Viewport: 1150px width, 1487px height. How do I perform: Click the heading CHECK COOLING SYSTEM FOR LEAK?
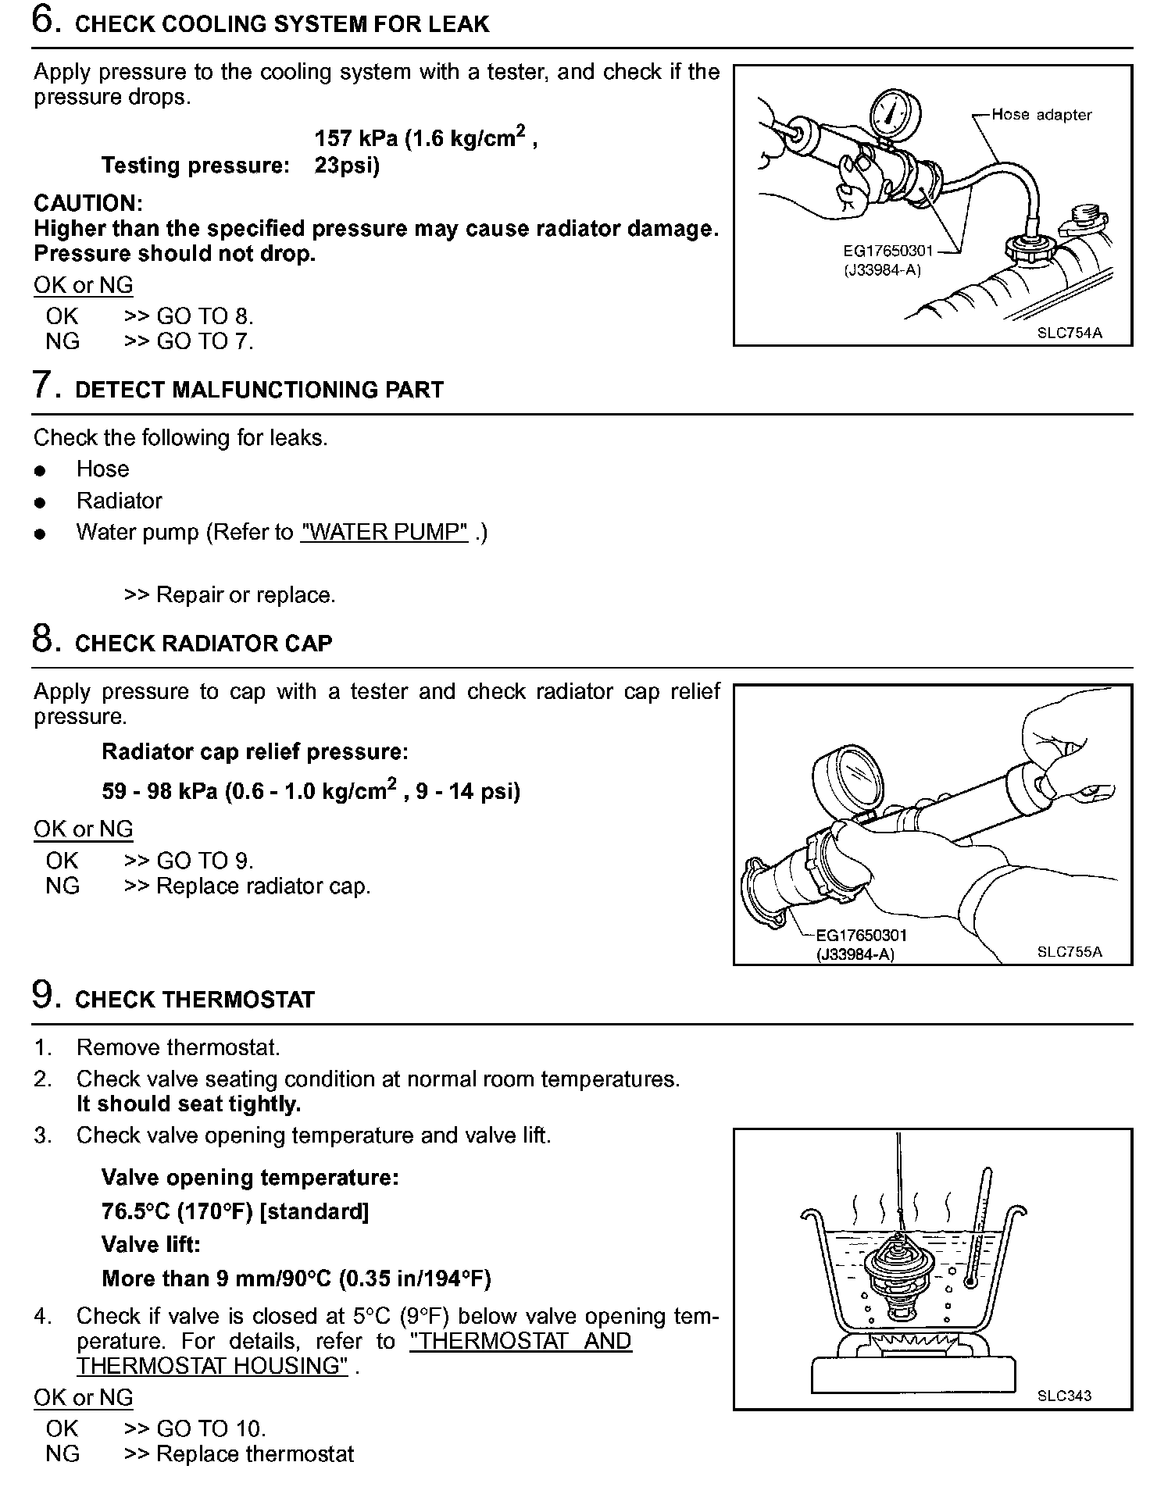[x=281, y=24]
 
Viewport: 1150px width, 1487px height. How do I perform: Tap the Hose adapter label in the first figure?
[x=1041, y=115]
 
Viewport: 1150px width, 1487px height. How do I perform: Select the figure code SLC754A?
[x=1070, y=333]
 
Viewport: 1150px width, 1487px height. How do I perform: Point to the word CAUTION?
[x=88, y=204]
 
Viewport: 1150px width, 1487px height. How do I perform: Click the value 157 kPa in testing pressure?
[x=356, y=139]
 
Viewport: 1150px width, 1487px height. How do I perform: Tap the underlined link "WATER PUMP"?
[x=384, y=533]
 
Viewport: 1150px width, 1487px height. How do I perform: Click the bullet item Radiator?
[x=119, y=501]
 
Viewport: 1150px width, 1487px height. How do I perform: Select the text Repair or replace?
[x=245, y=595]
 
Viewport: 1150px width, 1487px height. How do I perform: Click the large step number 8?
[x=43, y=638]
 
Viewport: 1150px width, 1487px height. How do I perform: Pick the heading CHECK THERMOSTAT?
[x=195, y=1000]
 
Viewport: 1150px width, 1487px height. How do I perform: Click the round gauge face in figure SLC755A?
[x=850, y=782]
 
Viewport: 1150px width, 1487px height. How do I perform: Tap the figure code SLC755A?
[x=1070, y=952]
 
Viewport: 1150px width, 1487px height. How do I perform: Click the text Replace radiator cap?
[x=263, y=886]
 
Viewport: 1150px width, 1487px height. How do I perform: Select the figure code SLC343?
[x=1064, y=1396]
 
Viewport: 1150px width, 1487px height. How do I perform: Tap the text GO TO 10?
[x=211, y=1428]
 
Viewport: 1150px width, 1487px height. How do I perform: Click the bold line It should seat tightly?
[x=188, y=1104]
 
